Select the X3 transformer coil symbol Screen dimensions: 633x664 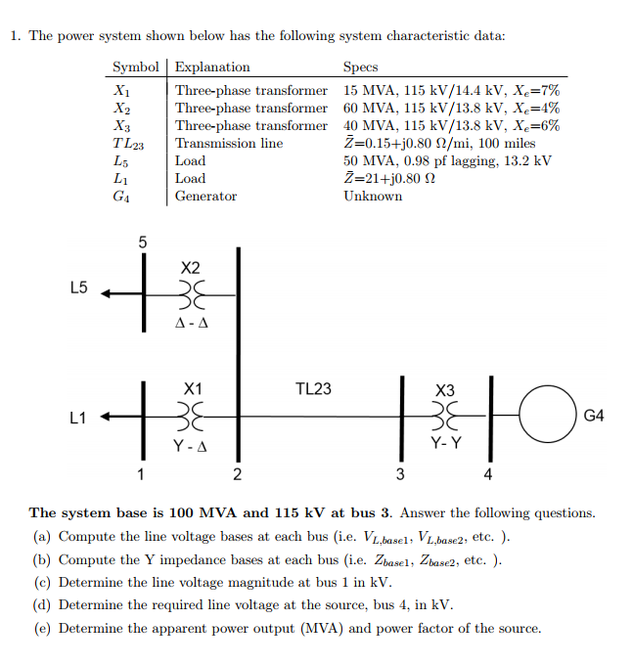(445, 417)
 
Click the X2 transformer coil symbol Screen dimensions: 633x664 (191, 290)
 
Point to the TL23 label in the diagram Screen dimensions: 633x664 (313, 389)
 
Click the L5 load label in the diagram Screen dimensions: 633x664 (79, 288)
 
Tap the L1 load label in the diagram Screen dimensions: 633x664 (79, 418)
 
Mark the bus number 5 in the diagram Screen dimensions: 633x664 (142, 241)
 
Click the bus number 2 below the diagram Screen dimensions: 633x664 (236, 476)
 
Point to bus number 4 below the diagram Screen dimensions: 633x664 (489, 476)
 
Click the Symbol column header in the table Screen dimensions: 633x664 (135, 67)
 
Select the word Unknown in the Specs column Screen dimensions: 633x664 (372, 196)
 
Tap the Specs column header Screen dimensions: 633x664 (360, 67)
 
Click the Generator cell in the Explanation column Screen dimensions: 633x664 (205, 196)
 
